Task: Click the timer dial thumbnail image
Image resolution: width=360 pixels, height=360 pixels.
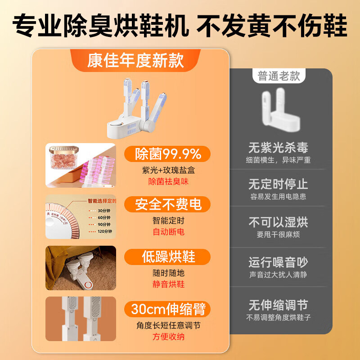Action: coord(81,216)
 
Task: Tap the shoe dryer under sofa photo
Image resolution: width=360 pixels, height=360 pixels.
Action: coord(81,268)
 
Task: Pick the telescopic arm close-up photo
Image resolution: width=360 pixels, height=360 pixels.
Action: coord(81,319)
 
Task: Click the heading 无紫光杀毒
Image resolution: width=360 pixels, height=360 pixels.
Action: coord(278,148)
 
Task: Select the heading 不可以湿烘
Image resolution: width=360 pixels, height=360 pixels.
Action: coord(278,223)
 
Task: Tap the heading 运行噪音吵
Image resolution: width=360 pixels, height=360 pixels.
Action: coord(278,262)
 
